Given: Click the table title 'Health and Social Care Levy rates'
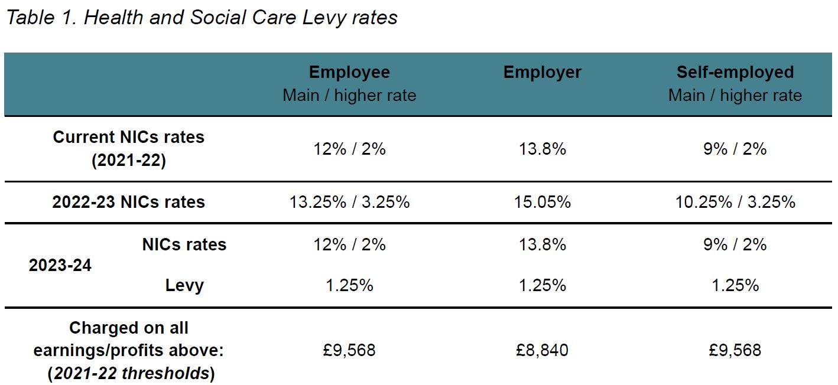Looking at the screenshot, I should tap(201, 17).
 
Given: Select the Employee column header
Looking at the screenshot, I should tap(349, 73).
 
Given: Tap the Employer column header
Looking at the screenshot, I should tap(542, 73).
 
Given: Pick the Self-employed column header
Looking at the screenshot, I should tap(735, 73).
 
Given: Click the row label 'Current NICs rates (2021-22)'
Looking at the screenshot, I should tap(128, 148).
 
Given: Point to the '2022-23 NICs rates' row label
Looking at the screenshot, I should tap(128, 202).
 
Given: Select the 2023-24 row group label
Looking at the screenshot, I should tap(60, 265).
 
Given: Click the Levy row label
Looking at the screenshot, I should tap(184, 286).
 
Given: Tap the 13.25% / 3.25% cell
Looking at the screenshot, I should tap(349, 202).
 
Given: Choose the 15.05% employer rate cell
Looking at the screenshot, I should tap(542, 202).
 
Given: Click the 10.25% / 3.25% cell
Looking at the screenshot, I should tap(735, 202).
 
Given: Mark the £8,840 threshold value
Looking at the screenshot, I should tap(542, 350).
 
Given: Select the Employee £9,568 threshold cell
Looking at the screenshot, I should tap(349, 350).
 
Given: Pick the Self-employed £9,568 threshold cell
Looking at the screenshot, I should tap(735, 350).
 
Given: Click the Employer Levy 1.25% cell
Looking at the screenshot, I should tap(542, 286).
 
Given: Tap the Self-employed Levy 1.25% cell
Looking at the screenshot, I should tap(735, 286).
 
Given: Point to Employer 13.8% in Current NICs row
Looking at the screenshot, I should tap(542, 149).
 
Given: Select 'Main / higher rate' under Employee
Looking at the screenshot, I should tap(349, 96).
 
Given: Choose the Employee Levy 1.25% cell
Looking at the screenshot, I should tap(349, 286).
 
